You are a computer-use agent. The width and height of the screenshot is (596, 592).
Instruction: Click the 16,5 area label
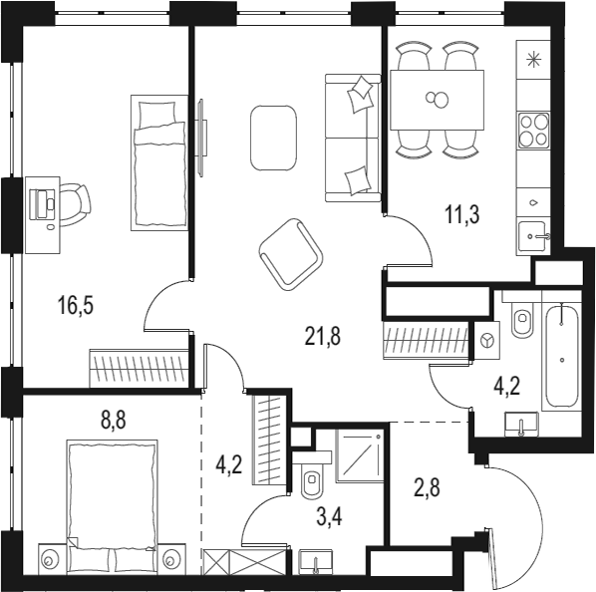[x=76, y=307]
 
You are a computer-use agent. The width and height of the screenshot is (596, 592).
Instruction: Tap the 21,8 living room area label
[x=323, y=337]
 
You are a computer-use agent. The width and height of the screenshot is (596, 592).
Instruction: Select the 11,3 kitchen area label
[x=462, y=215]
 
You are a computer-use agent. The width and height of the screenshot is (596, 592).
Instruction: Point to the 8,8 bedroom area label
[x=113, y=421]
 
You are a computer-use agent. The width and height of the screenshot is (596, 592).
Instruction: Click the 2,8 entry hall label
[x=427, y=488]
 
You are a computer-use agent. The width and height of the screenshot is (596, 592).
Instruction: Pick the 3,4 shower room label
[x=329, y=517]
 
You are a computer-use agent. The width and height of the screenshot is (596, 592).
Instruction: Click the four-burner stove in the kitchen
[x=534, y=131]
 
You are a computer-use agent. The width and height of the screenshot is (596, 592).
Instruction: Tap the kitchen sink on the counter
[x=533, y=237]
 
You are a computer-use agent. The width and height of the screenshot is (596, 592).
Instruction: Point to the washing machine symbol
[x=486, y=341]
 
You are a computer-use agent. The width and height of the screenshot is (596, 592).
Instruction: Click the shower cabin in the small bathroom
[x=359, y=455]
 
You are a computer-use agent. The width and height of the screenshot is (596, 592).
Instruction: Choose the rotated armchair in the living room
[x=291, y=254]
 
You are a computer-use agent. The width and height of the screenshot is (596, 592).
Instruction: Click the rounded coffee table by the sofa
[x=273, y=139]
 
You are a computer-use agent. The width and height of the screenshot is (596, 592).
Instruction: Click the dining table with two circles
[x=438, y=100]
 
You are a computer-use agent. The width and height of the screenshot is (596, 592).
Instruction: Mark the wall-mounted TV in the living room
[x=202, y=138]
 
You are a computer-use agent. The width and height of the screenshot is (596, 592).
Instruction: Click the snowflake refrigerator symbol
[x=533, y=60]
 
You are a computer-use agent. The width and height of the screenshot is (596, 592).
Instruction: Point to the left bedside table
[x=49, y=559]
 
